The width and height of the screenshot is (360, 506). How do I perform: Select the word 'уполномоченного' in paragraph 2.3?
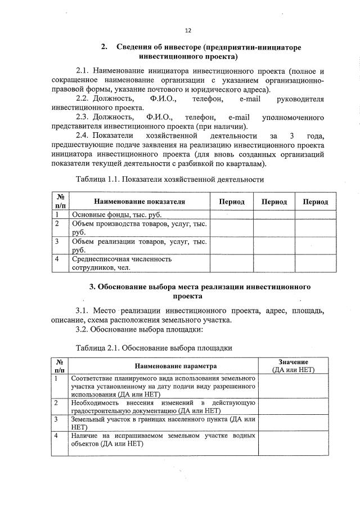click(x=292, y=118)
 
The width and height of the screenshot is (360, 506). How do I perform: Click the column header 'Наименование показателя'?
click(x=139, y=201)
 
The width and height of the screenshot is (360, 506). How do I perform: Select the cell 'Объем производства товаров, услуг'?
click(x=138, y=228)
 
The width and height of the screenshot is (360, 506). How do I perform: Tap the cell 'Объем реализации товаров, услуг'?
click(x=138, y=245)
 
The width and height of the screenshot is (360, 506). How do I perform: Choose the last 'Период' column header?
click(x=315, y=201)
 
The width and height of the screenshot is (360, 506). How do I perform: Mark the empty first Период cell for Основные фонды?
click(x=231, y=214)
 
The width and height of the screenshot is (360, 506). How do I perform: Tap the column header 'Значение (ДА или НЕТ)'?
click(x=292, y=365)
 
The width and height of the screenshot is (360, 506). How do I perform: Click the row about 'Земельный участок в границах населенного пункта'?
click(x=163, y=423)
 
